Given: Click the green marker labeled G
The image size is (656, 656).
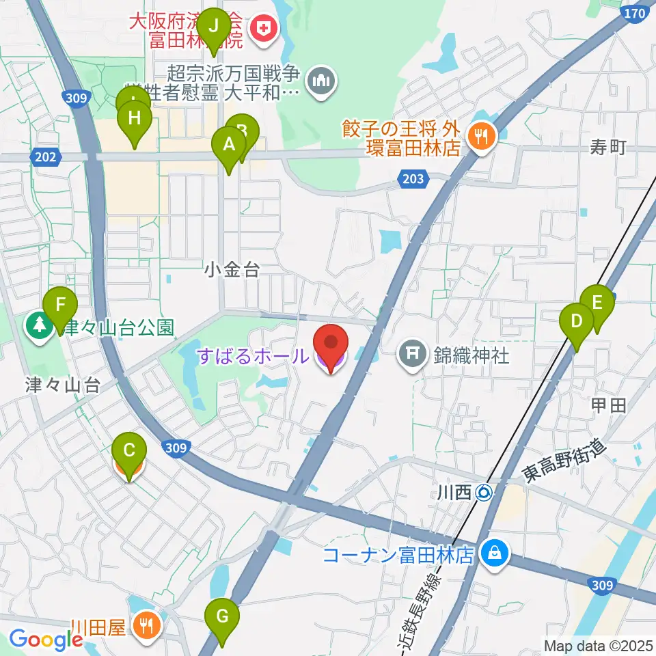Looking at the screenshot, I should pos(223,617).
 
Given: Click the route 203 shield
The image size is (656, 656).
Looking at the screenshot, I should pos(413,179).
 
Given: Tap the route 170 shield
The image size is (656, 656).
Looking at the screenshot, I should pos(634,13).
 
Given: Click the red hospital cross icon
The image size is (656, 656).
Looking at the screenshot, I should pos(260,28).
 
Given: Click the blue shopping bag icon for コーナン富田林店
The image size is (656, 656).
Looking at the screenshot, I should pos(493,553).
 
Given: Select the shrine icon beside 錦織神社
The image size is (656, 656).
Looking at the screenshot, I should pos(413,355).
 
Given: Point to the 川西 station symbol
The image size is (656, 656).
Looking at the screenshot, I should pos(484,491).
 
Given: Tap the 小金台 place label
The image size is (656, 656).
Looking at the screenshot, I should pos(232,271).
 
